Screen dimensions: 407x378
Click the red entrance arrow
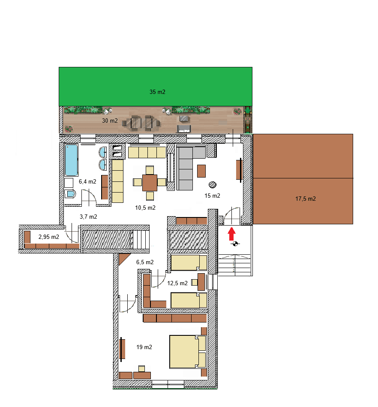(231, 234)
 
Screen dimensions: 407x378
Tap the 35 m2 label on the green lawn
(157, 92)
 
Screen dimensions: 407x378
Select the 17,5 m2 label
(306, 199)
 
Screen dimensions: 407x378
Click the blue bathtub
(71, 160)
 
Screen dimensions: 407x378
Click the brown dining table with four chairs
(150, 182)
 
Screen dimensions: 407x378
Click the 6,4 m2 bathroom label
(87, 181)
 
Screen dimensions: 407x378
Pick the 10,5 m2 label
(145, 208)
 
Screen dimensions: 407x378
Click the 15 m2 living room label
(212, 196)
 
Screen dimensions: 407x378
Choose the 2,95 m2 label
(48, 236)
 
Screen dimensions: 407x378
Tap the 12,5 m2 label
(177, 283)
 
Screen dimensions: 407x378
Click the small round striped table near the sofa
(213, 185)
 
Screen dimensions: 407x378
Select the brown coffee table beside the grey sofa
(201, 171)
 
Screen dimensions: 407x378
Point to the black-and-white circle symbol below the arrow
(234, 244)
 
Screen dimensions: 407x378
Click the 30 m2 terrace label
(110, 121)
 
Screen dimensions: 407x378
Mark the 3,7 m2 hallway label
(89, 217)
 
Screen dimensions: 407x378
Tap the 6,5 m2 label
(145, 262)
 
